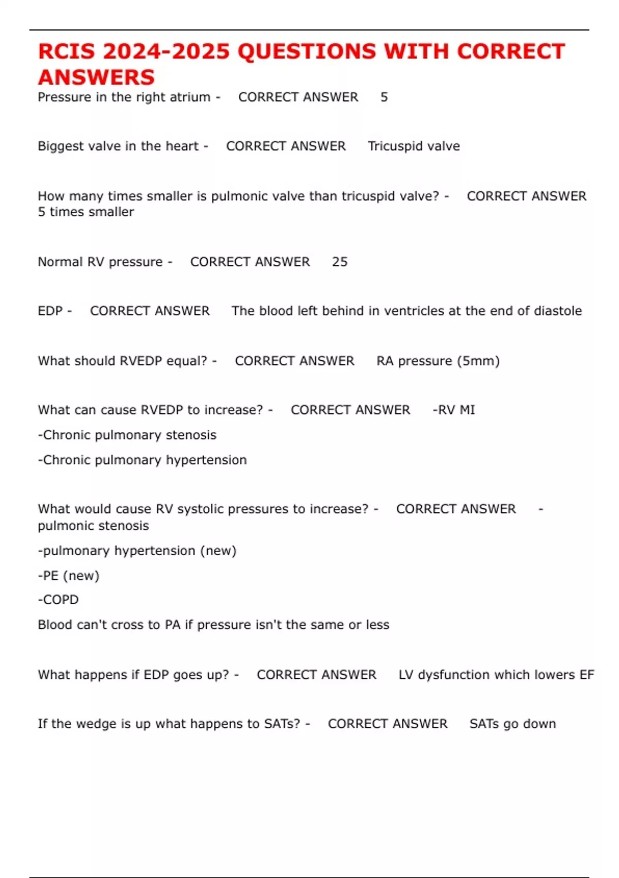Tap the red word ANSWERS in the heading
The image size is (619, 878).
[x=96, y=77]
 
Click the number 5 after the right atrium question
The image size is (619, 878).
[x=384, y=97]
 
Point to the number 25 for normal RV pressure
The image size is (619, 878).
[x=339, y=262]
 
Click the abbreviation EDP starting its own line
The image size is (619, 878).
[x=50, y=311]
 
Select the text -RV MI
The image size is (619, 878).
[x=453, y=410]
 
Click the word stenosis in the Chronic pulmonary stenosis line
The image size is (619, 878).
[x=191, y=435]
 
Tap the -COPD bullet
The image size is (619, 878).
[x=58, y=600]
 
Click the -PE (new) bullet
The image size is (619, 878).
[x=69, y=575]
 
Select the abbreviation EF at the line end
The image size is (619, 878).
[x=587, y=675]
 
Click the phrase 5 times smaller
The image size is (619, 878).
[x=86, y=212]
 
